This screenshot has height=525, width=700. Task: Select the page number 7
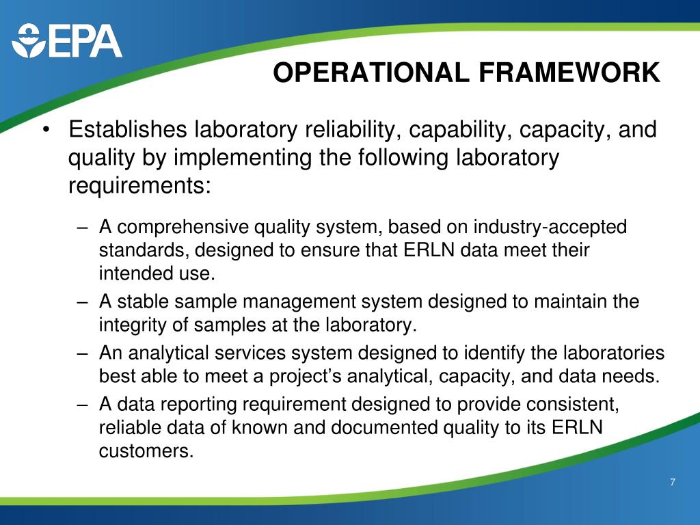tap(673, 483)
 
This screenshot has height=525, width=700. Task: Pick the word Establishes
tap(129, 130)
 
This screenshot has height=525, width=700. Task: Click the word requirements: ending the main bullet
tap(139, 185)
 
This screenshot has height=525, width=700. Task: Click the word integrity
tap(133, 325)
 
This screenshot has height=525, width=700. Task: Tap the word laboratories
tap(612, 353)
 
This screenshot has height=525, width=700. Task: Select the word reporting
tap(187, 405)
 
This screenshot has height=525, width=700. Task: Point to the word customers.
tap(142, 451)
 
